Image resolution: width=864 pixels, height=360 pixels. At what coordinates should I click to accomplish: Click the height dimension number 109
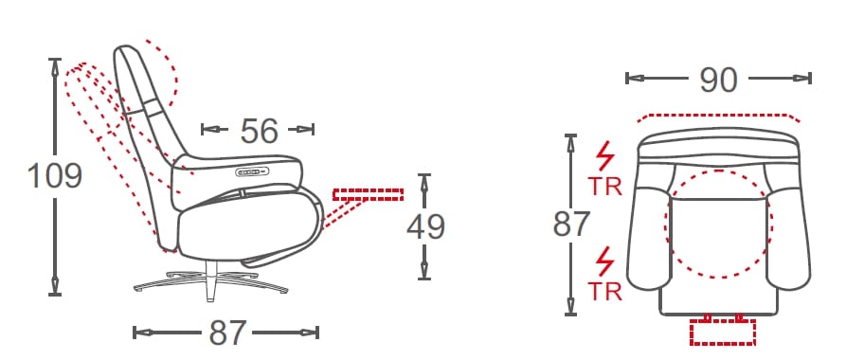coord(55,176)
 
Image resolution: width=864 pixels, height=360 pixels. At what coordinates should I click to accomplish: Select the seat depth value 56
coord(259,131)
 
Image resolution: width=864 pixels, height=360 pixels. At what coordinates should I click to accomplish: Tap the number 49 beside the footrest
coord(424,226)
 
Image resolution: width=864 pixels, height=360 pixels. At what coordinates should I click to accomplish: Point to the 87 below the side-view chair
coord(227,333)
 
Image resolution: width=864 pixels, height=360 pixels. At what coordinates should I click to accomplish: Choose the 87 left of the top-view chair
coord(571,224)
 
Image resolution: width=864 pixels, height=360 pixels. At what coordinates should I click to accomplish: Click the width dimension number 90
coord(718,80)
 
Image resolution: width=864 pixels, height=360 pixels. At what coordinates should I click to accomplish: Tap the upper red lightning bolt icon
coord(605,156)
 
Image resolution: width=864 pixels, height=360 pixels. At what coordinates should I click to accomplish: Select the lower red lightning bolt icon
coord(605,261)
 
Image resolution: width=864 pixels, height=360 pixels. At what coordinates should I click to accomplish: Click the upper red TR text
coord(604,187)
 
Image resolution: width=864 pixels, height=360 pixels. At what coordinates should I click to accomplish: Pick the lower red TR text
coord(604,291)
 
